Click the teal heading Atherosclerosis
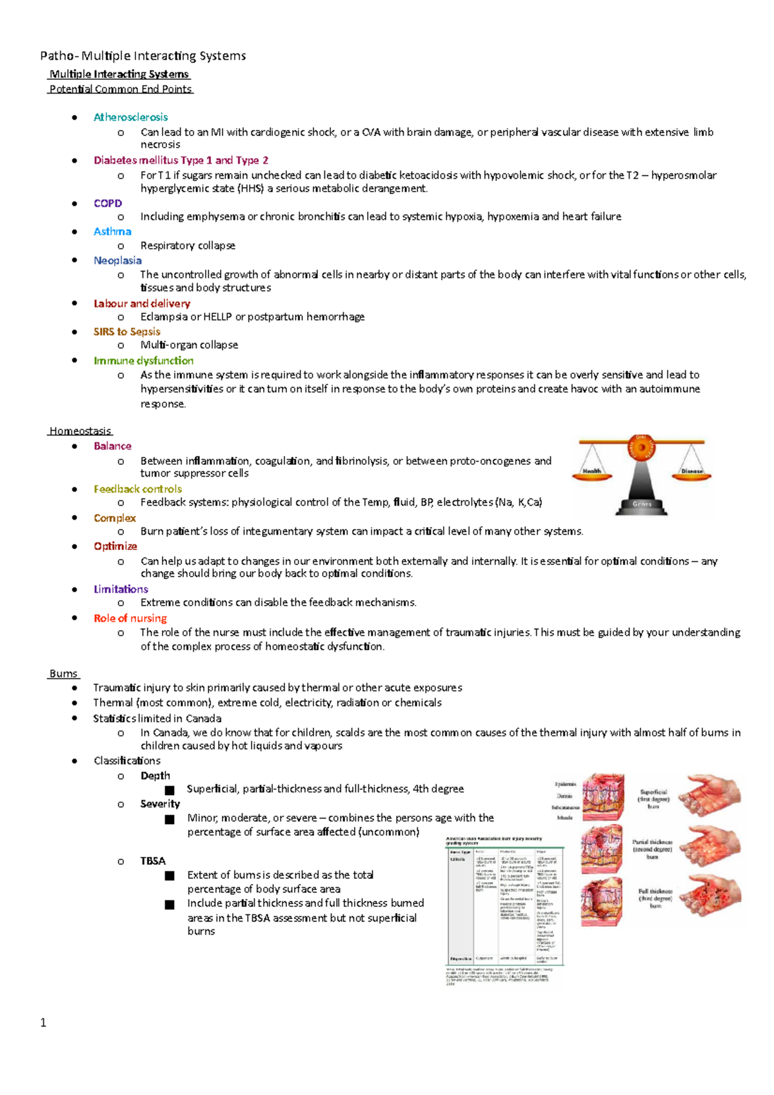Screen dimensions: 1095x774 click(130, 117)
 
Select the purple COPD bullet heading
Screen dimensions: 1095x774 click(108, 203)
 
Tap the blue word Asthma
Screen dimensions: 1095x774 click(112, 232)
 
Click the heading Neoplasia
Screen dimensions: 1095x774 click(117, 261)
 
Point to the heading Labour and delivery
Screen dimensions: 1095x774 click(142, 303)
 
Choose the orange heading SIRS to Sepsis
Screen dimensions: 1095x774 click(126, 331)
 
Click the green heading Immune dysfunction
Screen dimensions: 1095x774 click(143, 360)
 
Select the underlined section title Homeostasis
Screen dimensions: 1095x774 click(80, 431)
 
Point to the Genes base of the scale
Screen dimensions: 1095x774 click(642, 505)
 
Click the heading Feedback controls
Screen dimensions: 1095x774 click(137, 489)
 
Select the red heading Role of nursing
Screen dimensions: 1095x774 click(130, 618)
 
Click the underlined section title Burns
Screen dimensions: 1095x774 click(63, 673)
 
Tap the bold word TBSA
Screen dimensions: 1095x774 click(153, 861)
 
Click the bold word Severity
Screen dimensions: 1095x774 click(160, 804)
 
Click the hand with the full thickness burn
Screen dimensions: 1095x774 click(711, 896)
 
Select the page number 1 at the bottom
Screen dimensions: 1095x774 click(43, 1022)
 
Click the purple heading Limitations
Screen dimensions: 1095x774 click(121, 589)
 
